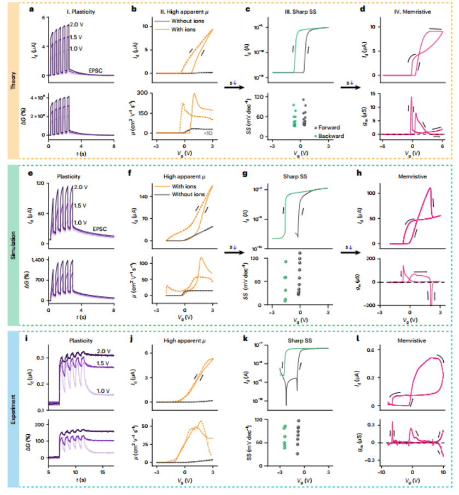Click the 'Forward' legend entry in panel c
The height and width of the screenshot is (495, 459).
(333, 127)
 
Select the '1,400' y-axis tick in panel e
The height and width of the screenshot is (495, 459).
(38, 260)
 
